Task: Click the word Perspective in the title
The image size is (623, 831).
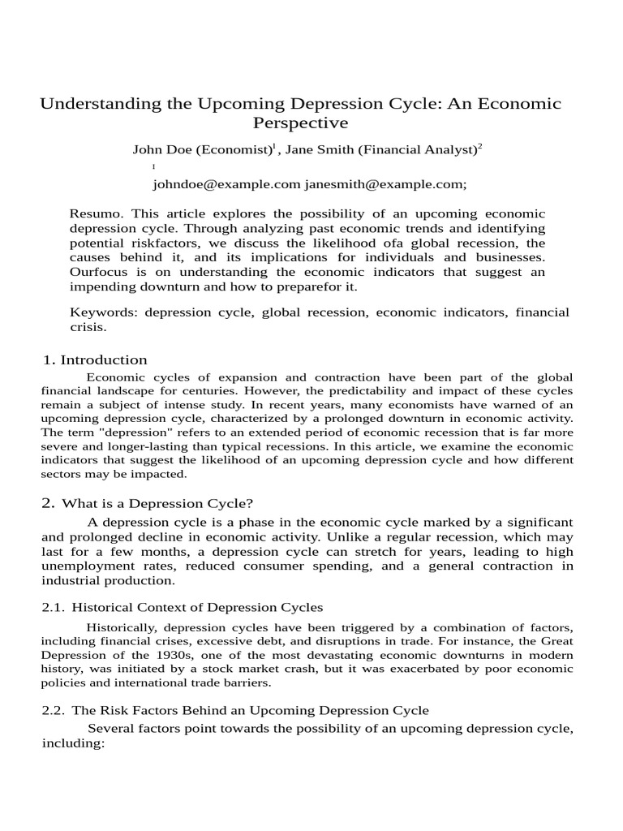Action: click(x=301, y=123)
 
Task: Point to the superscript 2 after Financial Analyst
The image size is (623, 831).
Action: click(x=479, y=146)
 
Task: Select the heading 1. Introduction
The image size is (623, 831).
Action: click(x=95, y=360)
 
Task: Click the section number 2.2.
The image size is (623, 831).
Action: click(x=54, y=710)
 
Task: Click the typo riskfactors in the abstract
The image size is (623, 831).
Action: click(x=157, y=243)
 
